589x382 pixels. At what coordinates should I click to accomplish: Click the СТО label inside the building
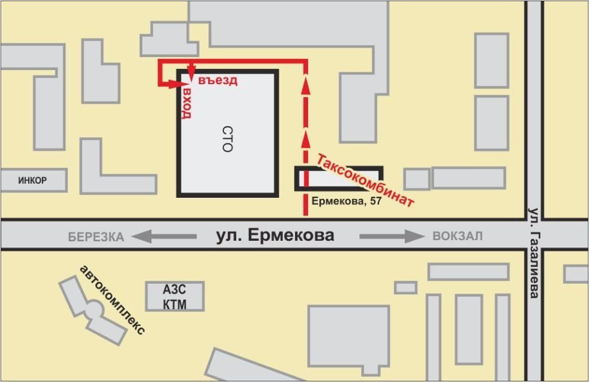[227, 138]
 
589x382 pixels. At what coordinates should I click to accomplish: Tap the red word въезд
[217, 81]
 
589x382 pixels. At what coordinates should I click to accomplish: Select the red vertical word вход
[187, 104]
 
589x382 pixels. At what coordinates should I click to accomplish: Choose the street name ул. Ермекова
[274, 235]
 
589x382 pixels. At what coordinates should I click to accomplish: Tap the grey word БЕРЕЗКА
[96, 237]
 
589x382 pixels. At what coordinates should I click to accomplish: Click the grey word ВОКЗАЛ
[457, 237]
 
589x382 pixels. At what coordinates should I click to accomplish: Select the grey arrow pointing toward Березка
[164, 237]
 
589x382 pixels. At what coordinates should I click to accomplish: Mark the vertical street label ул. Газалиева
[534, 253]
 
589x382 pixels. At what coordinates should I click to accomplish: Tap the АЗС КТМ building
[175, 296]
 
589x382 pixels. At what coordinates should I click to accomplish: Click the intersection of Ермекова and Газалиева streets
[534, 235]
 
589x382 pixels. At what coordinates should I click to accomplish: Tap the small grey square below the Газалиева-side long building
[405, 287]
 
